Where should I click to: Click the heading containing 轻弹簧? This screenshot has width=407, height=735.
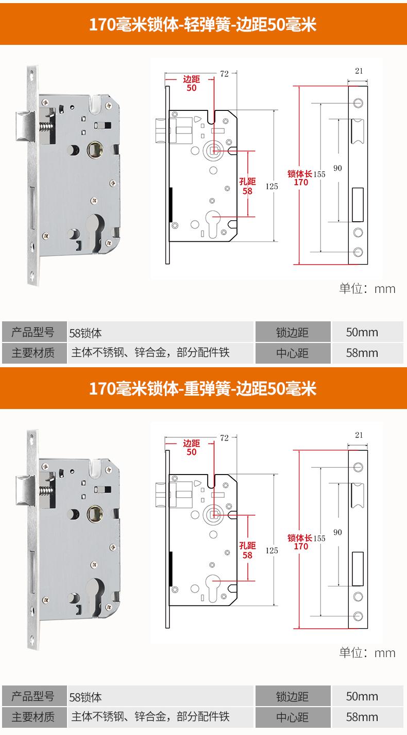point(203,24)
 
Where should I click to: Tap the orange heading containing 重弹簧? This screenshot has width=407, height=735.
point(203,388)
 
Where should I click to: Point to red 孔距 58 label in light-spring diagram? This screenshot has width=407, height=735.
point(248,186)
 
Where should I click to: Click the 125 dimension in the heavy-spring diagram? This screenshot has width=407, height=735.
point(272,550)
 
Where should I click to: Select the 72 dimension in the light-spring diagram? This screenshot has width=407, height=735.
point(224,74)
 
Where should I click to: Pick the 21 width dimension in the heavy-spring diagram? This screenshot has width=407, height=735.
point(359,435)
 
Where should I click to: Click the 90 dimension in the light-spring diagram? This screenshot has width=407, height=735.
point(337,168)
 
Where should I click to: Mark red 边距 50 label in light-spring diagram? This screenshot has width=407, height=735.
point(192,84)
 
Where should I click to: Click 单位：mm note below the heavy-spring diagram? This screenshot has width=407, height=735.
point(367,652)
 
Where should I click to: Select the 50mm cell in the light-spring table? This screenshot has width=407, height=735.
point(362,332)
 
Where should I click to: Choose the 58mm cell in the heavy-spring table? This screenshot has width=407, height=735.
point(362,717)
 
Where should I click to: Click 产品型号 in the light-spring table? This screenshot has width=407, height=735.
point(33,332)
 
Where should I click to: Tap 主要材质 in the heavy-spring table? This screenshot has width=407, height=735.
point(33,717)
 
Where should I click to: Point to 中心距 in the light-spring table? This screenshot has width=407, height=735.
point(292,353)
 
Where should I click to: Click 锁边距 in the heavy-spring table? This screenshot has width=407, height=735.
point(292,697)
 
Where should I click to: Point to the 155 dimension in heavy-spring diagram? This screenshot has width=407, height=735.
point(319,538)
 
